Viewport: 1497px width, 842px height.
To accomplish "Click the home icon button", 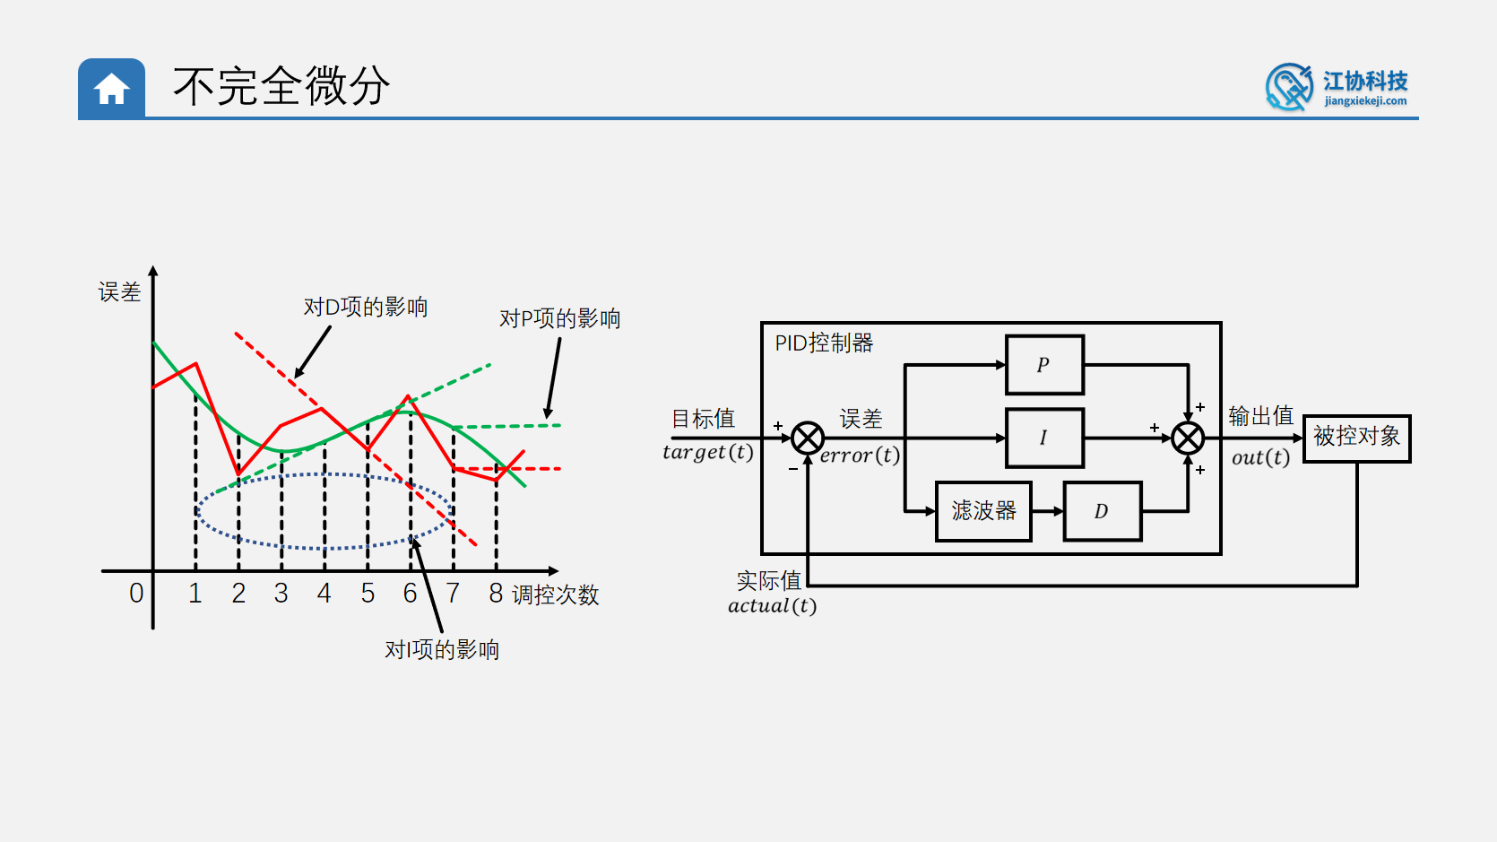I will tap(111, 89).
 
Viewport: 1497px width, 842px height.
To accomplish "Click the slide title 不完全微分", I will tap(281, 87).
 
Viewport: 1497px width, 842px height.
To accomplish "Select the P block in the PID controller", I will tap(1044, 365).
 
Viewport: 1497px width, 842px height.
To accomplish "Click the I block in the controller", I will tap(1044, 438).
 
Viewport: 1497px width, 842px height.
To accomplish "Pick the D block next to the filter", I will tap(1102, 511).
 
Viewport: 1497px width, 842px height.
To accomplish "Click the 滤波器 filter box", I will tap(983, 511).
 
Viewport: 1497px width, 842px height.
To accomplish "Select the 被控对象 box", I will tap(1356, 438).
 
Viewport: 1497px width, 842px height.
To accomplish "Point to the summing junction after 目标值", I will tap(808, 438).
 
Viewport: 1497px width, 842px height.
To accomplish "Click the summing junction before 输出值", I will tap(1188, 438).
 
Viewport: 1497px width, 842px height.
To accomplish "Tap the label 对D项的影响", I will tap(365, 307).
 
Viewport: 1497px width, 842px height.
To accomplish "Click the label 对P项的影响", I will tap(559, 318).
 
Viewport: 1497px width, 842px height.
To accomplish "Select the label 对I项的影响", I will tap(441, 649).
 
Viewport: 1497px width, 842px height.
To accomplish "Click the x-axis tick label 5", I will tap(368, 593).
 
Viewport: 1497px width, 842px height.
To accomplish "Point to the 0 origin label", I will tap(136, 593).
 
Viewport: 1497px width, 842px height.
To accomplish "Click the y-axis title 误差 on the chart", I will tap(119, 291).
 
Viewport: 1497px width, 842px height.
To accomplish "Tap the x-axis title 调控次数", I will tap(555, 595).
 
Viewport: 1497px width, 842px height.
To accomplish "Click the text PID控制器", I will tap(824, 343).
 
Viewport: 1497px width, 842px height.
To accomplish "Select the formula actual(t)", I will tap(772, 606).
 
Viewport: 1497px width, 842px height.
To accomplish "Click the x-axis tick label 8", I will tap(496, 593).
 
